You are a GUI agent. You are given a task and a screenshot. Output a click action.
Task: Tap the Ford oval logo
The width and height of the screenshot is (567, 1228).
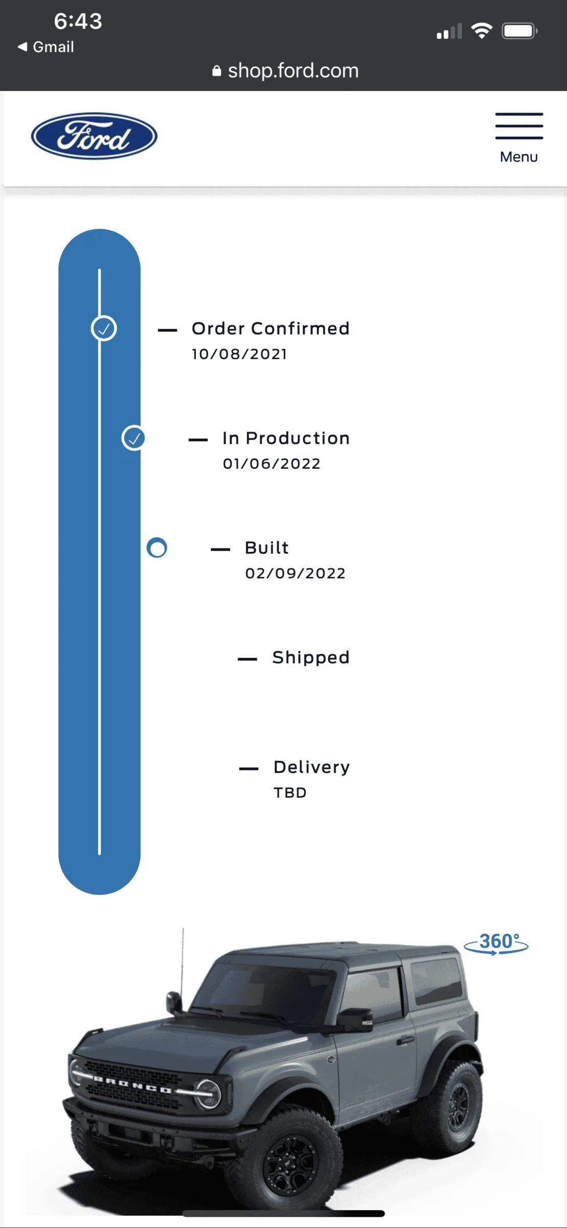tap(94, 136)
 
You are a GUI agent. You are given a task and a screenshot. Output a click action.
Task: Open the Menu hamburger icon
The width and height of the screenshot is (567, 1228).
tap(519, 126)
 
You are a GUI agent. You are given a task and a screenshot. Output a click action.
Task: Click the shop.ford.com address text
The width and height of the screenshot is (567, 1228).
tap(293, 71)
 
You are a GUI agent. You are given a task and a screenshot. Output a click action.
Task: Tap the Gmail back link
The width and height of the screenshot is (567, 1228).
tap(46, 47)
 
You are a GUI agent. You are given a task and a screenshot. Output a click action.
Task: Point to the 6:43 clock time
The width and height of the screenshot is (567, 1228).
tap(78, 21)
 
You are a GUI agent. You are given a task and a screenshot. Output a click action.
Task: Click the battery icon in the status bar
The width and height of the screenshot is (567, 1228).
tap(519, 31)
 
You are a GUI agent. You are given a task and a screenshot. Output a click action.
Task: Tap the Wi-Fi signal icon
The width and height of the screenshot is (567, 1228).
tap(482, 31)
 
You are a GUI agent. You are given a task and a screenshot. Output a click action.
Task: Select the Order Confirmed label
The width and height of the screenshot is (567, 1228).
tap(270, 328)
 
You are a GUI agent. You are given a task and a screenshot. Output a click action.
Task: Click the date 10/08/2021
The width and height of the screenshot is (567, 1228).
tap(239, 354)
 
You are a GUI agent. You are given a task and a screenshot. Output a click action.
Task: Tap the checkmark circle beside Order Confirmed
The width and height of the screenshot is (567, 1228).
tap(104, 328)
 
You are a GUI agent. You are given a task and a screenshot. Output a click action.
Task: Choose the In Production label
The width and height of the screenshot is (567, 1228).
tap(286, 438)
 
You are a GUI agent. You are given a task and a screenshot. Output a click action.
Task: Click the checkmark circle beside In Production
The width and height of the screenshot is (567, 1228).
tap(133, 438)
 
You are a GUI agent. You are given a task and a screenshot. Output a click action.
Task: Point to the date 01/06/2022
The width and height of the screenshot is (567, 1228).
tap(271, 464)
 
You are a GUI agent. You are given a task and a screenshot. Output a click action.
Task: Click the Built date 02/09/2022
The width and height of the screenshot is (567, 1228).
tap(296, 573)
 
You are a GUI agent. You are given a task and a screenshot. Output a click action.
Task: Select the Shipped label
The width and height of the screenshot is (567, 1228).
tap(311, 657)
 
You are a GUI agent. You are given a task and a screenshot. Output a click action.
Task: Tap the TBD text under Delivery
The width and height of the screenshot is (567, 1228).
tap(290, 793)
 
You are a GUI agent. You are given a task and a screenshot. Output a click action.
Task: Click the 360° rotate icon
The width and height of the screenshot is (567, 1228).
tap(496, 944)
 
